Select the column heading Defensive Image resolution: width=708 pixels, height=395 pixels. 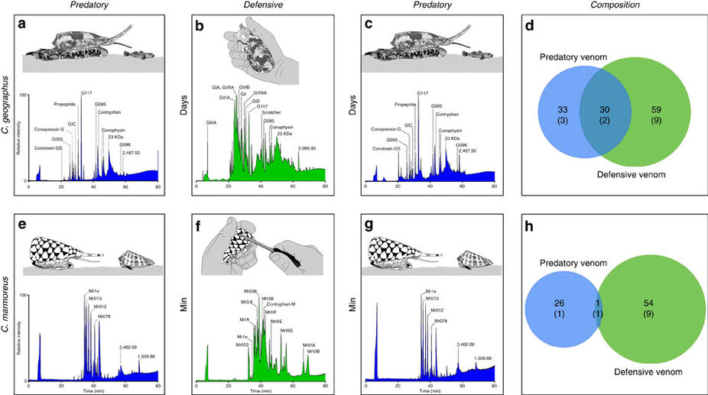pos(255,6)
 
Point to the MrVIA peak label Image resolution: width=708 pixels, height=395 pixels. pos(313,345)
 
